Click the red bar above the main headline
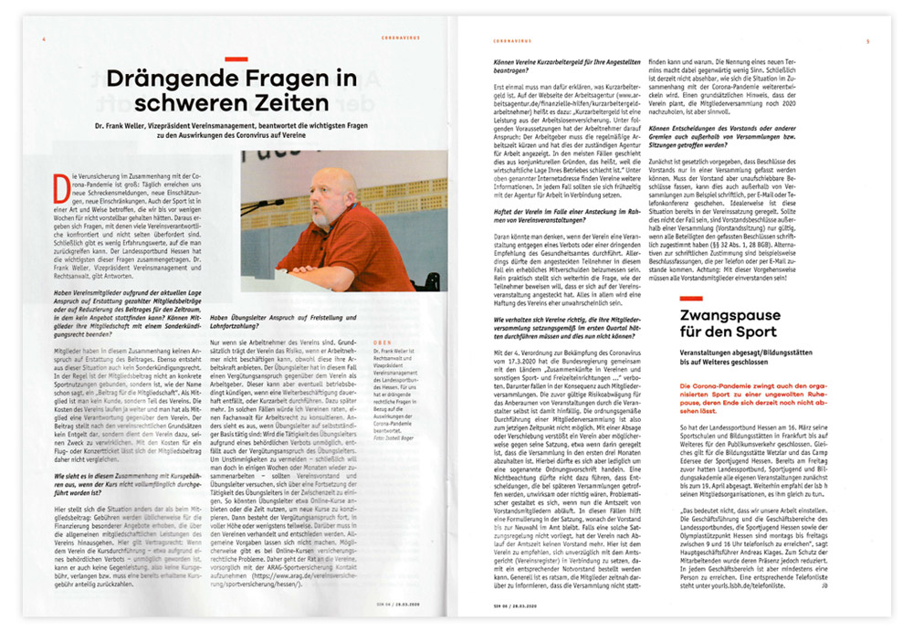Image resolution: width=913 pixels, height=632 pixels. click(x=235, y=58)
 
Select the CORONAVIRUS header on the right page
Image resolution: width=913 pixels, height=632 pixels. click(x=510, y=41)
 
